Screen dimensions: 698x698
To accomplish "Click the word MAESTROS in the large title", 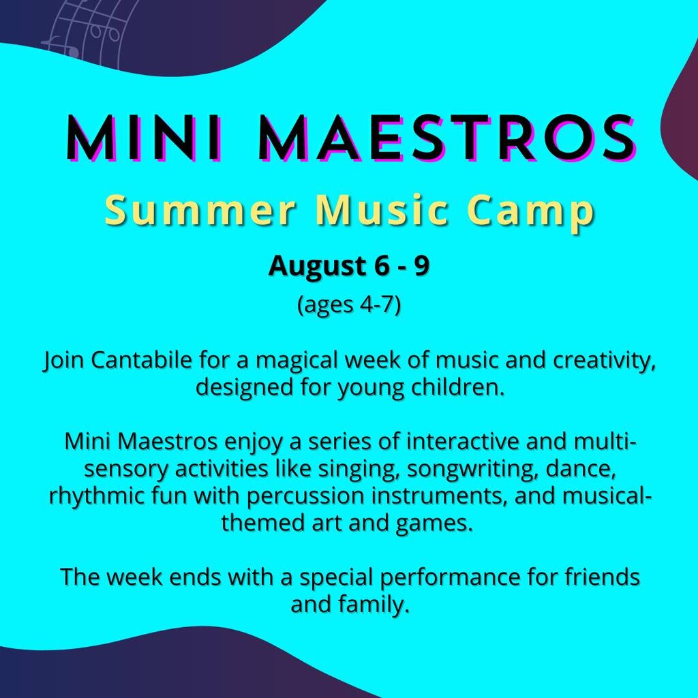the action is tap(446, 137).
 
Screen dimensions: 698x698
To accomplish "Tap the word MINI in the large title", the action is tap(143, 137).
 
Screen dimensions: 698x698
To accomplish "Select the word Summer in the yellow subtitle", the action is tap(200, 210).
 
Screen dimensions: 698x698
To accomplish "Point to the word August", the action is tap(316, 267).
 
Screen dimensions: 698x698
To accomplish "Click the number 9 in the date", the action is tap(422, 266).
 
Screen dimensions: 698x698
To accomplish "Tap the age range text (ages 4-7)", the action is tap(349, 305).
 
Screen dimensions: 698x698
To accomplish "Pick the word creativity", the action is tap(605, 361).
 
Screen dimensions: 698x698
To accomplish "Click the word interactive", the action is tap(463, 442).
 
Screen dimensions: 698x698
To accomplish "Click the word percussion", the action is tap(305, 497).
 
